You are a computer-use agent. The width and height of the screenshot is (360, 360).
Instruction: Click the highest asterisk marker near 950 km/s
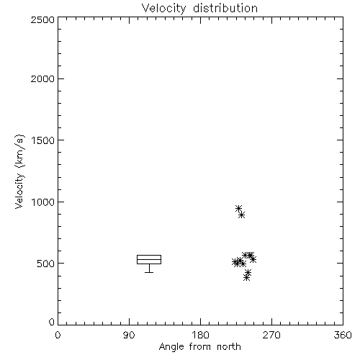tap(238, 208)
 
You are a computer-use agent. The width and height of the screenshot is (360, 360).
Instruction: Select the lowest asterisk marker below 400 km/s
tap(246, 278)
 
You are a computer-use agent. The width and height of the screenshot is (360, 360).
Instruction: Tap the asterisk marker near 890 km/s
tap(242, 215)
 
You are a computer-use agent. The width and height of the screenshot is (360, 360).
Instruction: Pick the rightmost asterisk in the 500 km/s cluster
tap(253, 259)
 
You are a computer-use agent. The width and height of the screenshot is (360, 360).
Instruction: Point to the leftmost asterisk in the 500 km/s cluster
tap(235, 262)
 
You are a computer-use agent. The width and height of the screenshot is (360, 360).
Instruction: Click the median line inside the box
tap(149, 259)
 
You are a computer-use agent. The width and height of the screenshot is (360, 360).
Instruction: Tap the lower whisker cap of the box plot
tap(149, 272)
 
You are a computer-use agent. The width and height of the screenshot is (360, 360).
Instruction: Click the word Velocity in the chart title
tap(163, 9)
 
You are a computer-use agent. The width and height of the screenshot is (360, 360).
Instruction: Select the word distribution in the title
tap(225, 8)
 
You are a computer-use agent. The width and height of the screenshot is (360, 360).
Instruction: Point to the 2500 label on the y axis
tap(42, 19)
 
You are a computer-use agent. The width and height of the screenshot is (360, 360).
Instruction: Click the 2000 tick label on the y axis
tap(42, 78)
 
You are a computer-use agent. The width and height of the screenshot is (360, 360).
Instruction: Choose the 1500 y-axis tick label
tap(43, 140)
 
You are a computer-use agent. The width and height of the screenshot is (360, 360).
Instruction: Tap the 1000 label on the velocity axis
tap(43, 202)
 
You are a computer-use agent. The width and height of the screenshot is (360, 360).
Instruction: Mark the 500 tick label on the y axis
tap(46, 264)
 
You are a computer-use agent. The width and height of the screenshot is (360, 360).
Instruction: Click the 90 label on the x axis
tap(129, 335)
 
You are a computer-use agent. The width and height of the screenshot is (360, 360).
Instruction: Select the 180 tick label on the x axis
tap(200, 335)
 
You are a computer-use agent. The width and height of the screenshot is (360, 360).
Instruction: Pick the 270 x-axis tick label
tap(271, 335)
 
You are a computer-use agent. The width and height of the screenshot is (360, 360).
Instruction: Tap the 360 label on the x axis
tap(343, 335)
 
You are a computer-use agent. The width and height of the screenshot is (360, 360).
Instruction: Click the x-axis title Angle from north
tap(200, 347)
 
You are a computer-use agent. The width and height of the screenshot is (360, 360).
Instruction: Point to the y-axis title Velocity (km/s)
tap(19, 171)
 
